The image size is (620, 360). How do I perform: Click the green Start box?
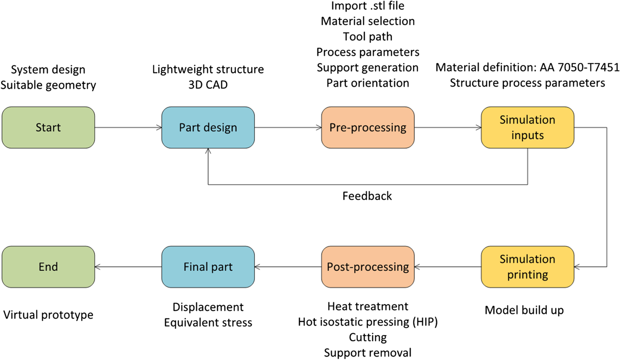point(48,127)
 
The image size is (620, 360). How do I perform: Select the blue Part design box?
point(208,127)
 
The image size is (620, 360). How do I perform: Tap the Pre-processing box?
point(368,127)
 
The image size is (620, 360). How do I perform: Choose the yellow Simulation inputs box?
point(527,127)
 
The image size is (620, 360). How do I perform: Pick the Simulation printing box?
point(527,266)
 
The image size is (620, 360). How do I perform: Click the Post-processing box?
point(368,266)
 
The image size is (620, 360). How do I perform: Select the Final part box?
point(208,266)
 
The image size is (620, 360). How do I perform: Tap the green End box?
point(48,266)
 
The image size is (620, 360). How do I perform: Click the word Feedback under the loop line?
point(367,196)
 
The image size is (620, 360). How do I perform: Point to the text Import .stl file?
point(368,6)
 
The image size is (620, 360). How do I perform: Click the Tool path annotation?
point(368,37)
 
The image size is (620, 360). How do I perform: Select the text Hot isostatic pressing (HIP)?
point(368,322)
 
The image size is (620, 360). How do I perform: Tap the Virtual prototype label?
point(48,315)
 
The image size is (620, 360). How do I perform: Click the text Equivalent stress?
point(208,323)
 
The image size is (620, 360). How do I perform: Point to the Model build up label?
point(524,310)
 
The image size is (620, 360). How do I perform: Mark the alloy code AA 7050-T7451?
point(579,67)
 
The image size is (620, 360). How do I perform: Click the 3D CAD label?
point(208,85)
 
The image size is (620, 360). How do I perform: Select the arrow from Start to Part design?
point(129,127)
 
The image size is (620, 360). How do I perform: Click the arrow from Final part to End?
point(129,266)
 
